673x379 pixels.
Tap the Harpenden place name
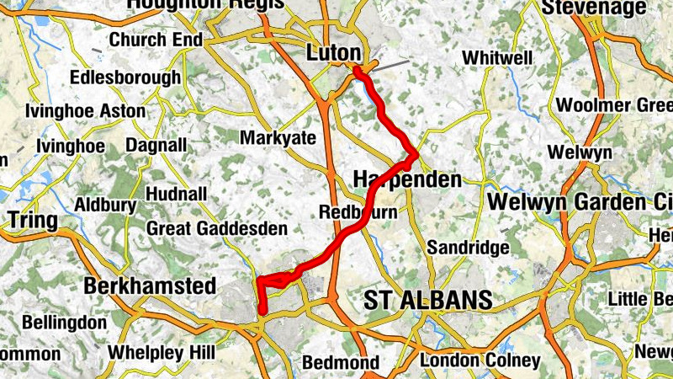click(x=407, y=180)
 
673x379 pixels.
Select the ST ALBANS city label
click(x=428, y=301)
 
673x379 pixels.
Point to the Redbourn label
click(x=358, y=212)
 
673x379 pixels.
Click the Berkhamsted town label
click(x=150, y=286)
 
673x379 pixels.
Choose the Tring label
click(x=32, y=221)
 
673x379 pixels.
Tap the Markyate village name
click(x=278, y=137)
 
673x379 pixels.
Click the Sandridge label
click(x=468, y=248)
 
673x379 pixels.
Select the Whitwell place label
click(x=497, y=58)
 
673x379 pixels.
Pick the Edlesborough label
click(x=125, y=77)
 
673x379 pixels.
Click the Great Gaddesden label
click(x=217, y=228)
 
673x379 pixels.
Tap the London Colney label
click(x=480, y=360)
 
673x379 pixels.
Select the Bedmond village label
click(x=340, y=363)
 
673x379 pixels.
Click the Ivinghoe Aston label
click(x=85, y=111)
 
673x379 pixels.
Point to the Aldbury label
click(x=104, y=205)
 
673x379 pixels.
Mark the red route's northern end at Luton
click(x=358, y=70)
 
